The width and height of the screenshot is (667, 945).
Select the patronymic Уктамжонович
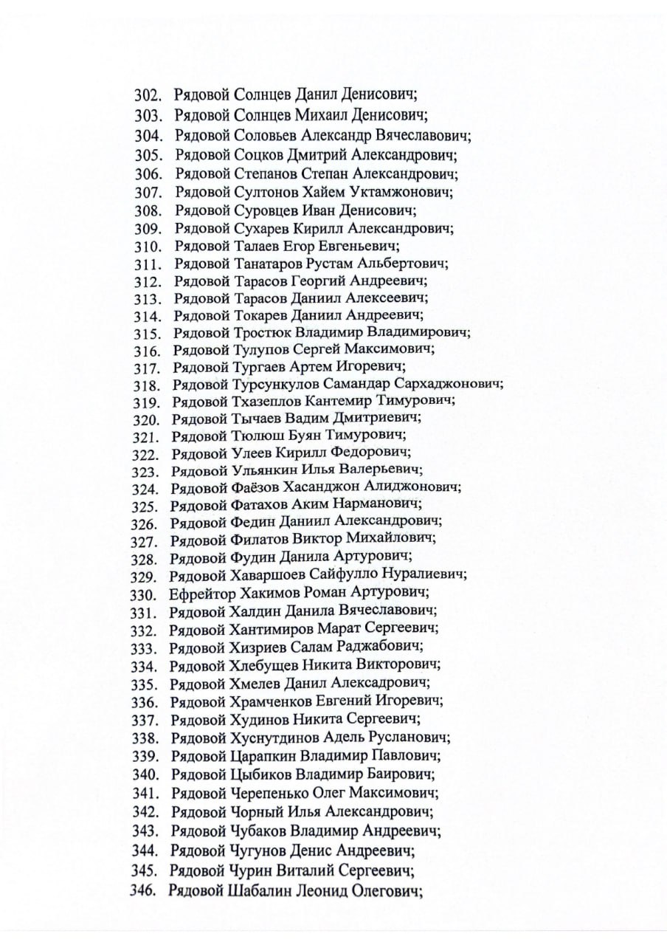(407, 193)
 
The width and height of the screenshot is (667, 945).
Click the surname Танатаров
(268, 264)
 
